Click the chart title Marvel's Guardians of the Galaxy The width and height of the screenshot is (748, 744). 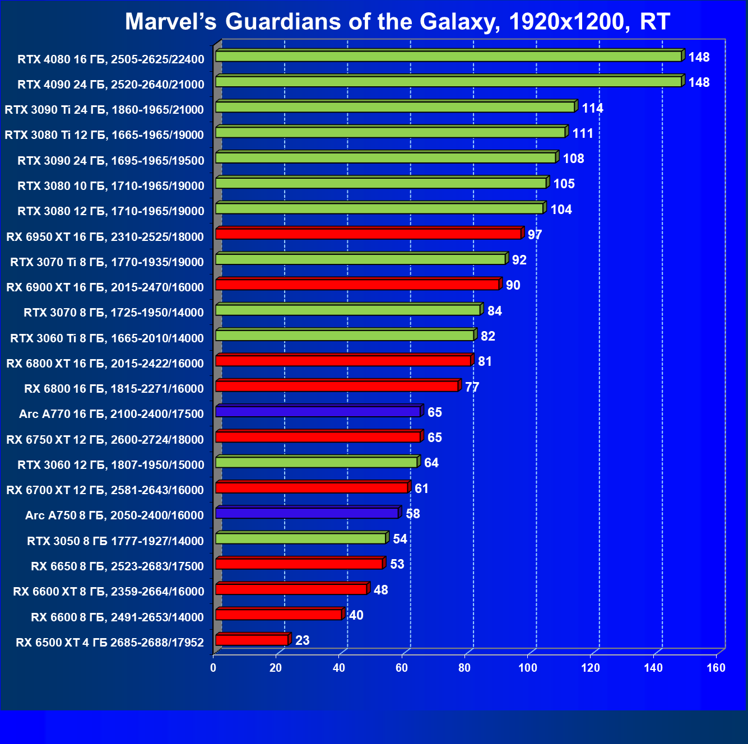(397, 22)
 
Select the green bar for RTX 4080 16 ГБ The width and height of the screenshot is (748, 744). (448, 57)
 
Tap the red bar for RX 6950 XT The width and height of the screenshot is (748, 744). (368, 234)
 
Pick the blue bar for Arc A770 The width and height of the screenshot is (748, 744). (318, 412)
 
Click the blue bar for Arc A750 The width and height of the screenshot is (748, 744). (306, 513)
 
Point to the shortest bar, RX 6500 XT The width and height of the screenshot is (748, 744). (252, 640)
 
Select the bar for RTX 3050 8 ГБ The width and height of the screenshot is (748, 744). (300, 538)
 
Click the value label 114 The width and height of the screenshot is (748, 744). (592, 108)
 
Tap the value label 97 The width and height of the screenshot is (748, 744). (535, 235)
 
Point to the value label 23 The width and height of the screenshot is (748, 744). (302, 640)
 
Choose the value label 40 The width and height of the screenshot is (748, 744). (356, 615)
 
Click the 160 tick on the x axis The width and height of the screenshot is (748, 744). (716, 668)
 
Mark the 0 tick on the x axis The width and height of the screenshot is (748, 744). (213, 668)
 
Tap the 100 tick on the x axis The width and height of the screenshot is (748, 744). (527, 668)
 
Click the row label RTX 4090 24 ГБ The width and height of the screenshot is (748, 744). (110, 85)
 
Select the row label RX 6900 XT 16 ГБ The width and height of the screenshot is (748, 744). (105, 287)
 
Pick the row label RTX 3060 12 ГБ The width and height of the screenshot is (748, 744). (110, 465)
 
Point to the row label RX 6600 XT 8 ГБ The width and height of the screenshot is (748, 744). (108, 592)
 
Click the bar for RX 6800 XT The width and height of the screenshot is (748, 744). (343, 361)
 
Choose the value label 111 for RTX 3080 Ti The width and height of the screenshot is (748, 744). (582, 133)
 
